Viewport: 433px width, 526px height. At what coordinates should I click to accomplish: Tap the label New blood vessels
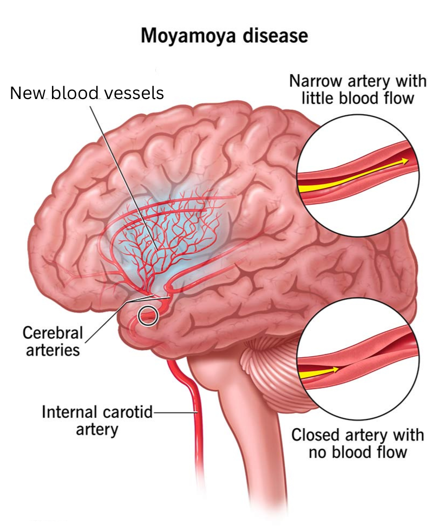(x=87, y=93)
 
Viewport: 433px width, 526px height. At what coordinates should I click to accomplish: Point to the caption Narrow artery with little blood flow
(x=358, y=89)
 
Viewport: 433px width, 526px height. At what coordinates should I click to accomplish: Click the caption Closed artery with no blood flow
(x=357, y=443)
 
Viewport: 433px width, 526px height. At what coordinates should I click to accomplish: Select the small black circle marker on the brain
(x=148, y=315)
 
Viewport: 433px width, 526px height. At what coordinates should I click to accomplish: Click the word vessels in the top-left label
(x=136, y=93)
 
